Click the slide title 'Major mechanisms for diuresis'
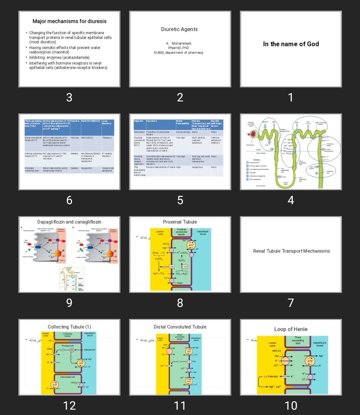[69, 21]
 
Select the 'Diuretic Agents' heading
[179, 29]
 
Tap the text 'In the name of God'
[291, 44]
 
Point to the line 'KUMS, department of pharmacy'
[178, 53]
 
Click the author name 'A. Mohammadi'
[179, 43]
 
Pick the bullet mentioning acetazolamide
[59, 57]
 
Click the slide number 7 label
[291, 303]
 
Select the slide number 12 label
[69, 405]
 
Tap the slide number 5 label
[180, 200]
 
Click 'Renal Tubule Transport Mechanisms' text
[291, 251]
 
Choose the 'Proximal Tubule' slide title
[180, 222]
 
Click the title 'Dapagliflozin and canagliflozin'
[69, 222]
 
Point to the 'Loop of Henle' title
[291, 329]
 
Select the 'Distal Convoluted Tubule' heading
[180, 327]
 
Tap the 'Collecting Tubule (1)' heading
[69, 327]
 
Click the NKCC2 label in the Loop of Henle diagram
[277, 351]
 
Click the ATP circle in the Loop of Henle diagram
[310, 361]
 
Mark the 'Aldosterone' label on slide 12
[90, 350]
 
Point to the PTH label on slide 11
[194, 362]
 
